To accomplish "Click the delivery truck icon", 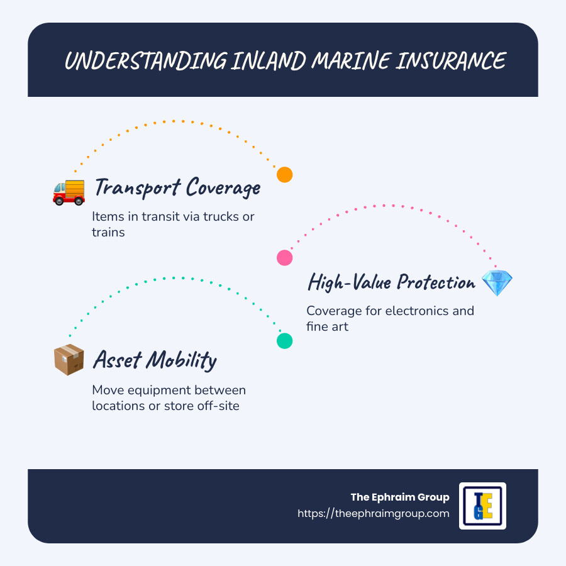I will coord(68,191).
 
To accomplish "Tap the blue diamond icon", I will coord(497,283).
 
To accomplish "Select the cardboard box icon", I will coord(69,360).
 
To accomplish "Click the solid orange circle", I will coord(285,175).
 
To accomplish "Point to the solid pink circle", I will coord(285,257).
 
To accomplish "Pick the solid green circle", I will coord(285,341).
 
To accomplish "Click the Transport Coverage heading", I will coord(177,187).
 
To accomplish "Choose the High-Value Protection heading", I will coord(391,282).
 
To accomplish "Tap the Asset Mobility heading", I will coord(155,360).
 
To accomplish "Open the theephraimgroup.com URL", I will coord(373,513).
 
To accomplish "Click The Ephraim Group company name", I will coord(400,497).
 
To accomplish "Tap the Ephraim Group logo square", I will coord(482,506).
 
